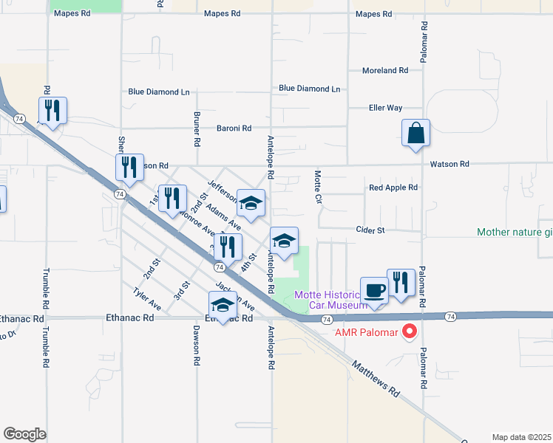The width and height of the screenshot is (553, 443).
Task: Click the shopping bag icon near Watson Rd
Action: click(x=416, y=134)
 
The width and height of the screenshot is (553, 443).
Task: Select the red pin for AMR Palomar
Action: click(x=408, y=332)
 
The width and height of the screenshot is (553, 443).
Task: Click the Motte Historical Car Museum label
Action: click(x=330, y=300)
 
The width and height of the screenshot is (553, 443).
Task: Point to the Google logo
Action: click(x=24, y=433)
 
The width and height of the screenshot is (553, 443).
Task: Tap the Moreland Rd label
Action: click(x=384, y=71)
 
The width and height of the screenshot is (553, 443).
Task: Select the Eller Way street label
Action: click(x=385, y=108)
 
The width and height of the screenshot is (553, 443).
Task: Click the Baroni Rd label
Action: click(x=234, y=128)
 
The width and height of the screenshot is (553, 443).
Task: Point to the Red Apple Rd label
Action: click(x=393, y=188)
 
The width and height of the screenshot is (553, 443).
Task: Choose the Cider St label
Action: click(x=370, y=230)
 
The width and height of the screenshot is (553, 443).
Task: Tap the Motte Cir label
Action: click(x=317, y=188)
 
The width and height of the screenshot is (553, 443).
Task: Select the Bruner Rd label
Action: click(x=197, y=128)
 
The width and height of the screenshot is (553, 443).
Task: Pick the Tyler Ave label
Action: click(x=146, y=298)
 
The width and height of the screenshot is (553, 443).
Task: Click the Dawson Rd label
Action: click(x=197, y=346)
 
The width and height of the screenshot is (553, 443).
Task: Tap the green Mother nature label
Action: click(x=515, y=232)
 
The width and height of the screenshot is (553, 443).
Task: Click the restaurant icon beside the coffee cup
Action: click(x=401, y=283)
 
